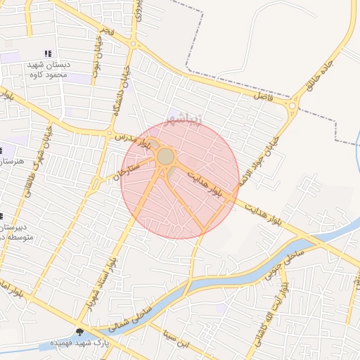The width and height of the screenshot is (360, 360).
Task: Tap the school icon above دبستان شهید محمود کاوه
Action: (48, 53)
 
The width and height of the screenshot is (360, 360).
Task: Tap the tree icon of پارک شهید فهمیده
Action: (79, 331)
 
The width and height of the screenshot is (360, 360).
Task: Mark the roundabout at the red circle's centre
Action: (166, 156)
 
